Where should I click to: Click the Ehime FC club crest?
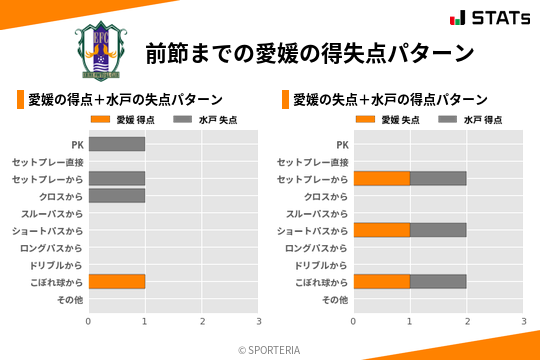(102, 50)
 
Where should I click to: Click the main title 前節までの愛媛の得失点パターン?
(309, 52)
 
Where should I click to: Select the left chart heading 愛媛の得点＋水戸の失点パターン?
(125, 99)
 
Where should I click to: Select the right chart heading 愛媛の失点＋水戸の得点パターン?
(390, 99)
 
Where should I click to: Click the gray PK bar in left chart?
(117, 144)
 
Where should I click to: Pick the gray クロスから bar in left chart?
(117, 196)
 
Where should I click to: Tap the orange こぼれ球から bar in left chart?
(117, 282)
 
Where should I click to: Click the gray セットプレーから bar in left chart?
(117, 178)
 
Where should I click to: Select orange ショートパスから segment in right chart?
(381, 230)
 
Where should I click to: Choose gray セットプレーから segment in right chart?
(438, 178)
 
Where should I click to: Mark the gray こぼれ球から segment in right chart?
(438, 282)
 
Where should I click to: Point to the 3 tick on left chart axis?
(259, 321)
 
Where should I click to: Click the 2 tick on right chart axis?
(467, 321)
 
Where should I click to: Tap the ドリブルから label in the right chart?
(321, 265)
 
